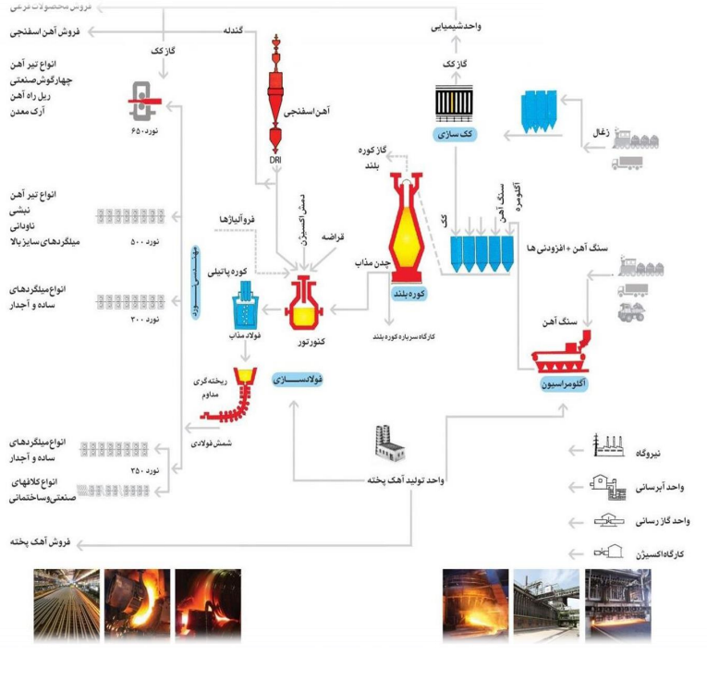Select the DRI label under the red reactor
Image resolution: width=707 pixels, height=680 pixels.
275,158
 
